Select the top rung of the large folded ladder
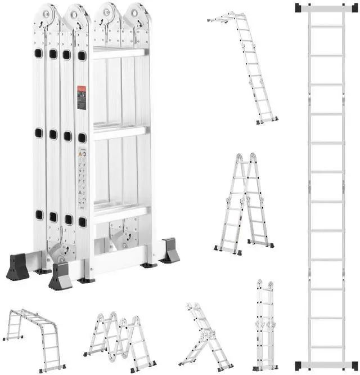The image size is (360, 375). click(119, 53)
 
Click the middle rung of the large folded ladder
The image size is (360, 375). click(119, 133)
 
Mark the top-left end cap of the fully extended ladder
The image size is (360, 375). click(301, 8)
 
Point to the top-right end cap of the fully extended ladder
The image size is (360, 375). click(350, 8)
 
